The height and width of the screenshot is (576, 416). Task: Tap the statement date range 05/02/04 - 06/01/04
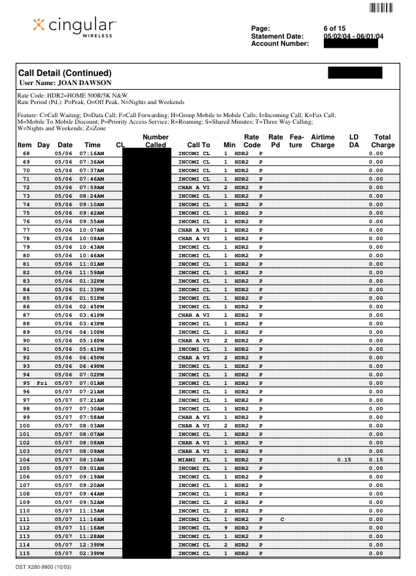click(x=354, y=37)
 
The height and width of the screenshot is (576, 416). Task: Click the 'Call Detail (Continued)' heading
click(x=64, y=73)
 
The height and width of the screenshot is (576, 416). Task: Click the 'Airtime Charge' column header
click(x=322, y=141)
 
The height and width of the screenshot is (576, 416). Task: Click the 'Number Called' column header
click(x=155, y=141)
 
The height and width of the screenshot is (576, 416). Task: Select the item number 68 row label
click(x=26, y=153)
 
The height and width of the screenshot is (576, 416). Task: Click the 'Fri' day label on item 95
click(x=43, y=383)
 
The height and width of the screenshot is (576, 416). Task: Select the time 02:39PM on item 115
click(x=92, y=553)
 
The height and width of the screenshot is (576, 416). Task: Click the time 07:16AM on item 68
click(x=92, y=153)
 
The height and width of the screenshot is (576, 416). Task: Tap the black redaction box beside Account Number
click(x=351, y=44)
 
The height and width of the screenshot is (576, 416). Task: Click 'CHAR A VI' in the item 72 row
click(x=194, y=187)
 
